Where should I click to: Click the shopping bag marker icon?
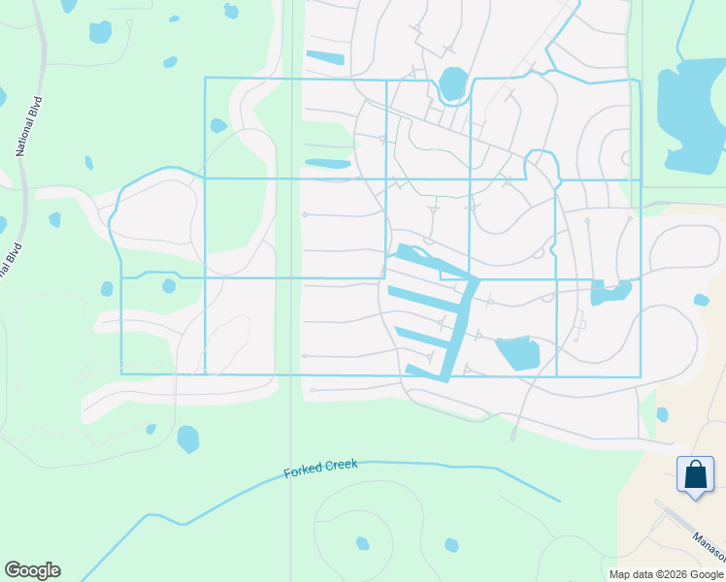point(695,475)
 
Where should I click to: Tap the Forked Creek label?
point(320,469)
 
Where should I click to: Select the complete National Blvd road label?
point(31,126)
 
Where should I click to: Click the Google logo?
point(32,570)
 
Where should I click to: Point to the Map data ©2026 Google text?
point(665,574)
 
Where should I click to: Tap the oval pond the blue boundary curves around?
point(452,83)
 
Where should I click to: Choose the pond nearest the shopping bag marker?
point(662,414)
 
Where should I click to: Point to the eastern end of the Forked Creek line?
point(558,501)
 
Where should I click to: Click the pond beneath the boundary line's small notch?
point(169,285)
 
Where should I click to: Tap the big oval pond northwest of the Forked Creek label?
point(187,439)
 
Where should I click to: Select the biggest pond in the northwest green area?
point(100,32)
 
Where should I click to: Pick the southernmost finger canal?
point(424,371)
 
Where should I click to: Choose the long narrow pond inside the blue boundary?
point(328,163)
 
